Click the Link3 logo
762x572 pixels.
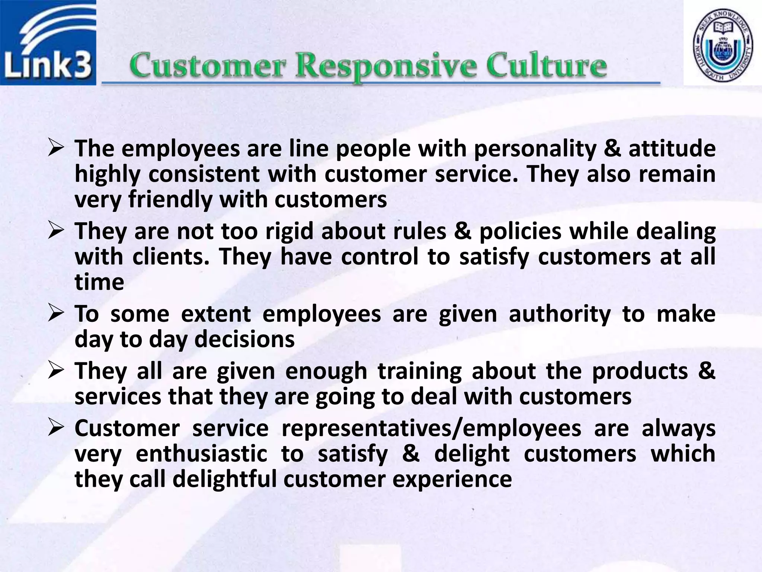coord(48,43)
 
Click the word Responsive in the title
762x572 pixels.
coord(391,66)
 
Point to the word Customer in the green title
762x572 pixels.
coord(208,66)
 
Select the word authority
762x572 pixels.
coord(560,314)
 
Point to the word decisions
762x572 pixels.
coord(244,340)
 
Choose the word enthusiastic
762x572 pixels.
coord(201,454)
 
